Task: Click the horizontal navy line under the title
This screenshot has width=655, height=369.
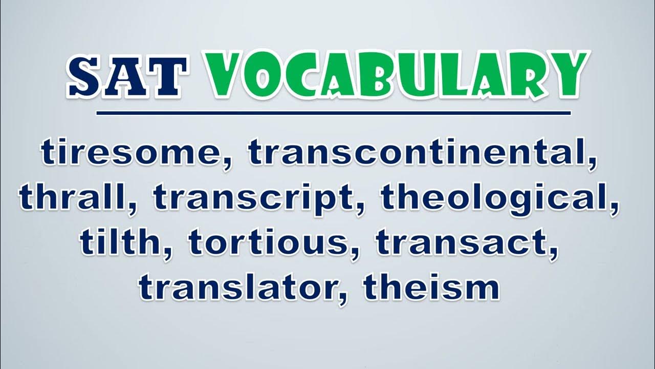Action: pyautogui.click(x=334, y=113)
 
